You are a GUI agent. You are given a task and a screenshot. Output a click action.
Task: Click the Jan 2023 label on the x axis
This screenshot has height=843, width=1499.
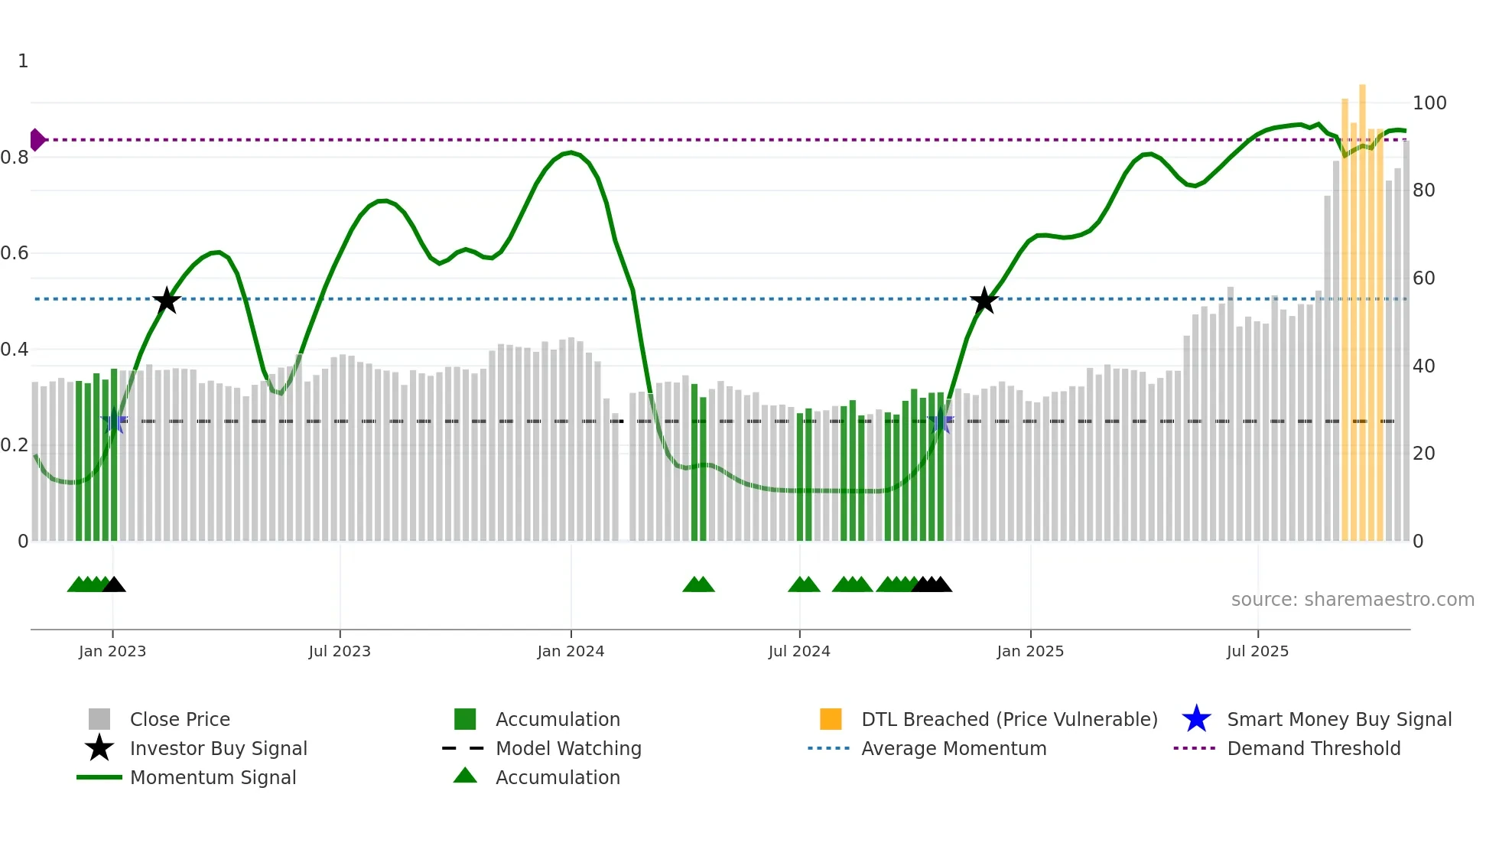112,651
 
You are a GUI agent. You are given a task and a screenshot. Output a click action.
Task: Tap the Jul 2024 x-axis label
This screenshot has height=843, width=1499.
799,651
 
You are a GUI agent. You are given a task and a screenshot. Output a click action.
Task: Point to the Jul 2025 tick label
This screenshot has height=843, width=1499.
1257,651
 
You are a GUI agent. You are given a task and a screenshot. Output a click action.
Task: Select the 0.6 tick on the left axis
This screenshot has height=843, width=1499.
15,253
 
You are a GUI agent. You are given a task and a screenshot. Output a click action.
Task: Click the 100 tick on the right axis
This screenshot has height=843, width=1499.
1429,103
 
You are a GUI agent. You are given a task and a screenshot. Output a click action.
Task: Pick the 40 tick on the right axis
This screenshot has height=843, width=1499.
1423,366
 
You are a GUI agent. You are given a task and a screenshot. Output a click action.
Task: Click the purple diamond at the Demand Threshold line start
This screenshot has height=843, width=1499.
37,140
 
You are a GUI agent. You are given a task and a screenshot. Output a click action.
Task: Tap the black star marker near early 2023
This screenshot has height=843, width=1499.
167,301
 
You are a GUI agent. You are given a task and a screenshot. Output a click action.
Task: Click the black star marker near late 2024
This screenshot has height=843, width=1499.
984,301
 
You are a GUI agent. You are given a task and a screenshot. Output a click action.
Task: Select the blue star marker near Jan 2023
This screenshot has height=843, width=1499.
114,421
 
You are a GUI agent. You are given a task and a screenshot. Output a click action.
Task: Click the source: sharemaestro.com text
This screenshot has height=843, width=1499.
1352,600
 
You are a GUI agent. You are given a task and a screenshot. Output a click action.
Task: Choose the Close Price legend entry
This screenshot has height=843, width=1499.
180,720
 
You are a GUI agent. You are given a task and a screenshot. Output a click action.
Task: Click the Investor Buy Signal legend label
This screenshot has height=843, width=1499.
218,749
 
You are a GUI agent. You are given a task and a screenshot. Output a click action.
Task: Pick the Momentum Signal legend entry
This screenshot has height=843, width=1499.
213,778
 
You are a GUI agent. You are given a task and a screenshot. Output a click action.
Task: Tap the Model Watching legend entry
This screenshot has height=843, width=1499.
568,749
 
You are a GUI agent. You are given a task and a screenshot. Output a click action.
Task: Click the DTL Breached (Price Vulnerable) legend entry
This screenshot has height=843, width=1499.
1009,720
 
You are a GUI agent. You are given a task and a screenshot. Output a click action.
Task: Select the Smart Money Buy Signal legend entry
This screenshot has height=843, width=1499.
1338,720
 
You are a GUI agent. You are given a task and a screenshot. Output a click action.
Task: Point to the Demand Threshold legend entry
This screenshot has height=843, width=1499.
1313,749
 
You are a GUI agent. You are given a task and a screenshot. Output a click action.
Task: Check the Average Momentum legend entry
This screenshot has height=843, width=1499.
953,749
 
